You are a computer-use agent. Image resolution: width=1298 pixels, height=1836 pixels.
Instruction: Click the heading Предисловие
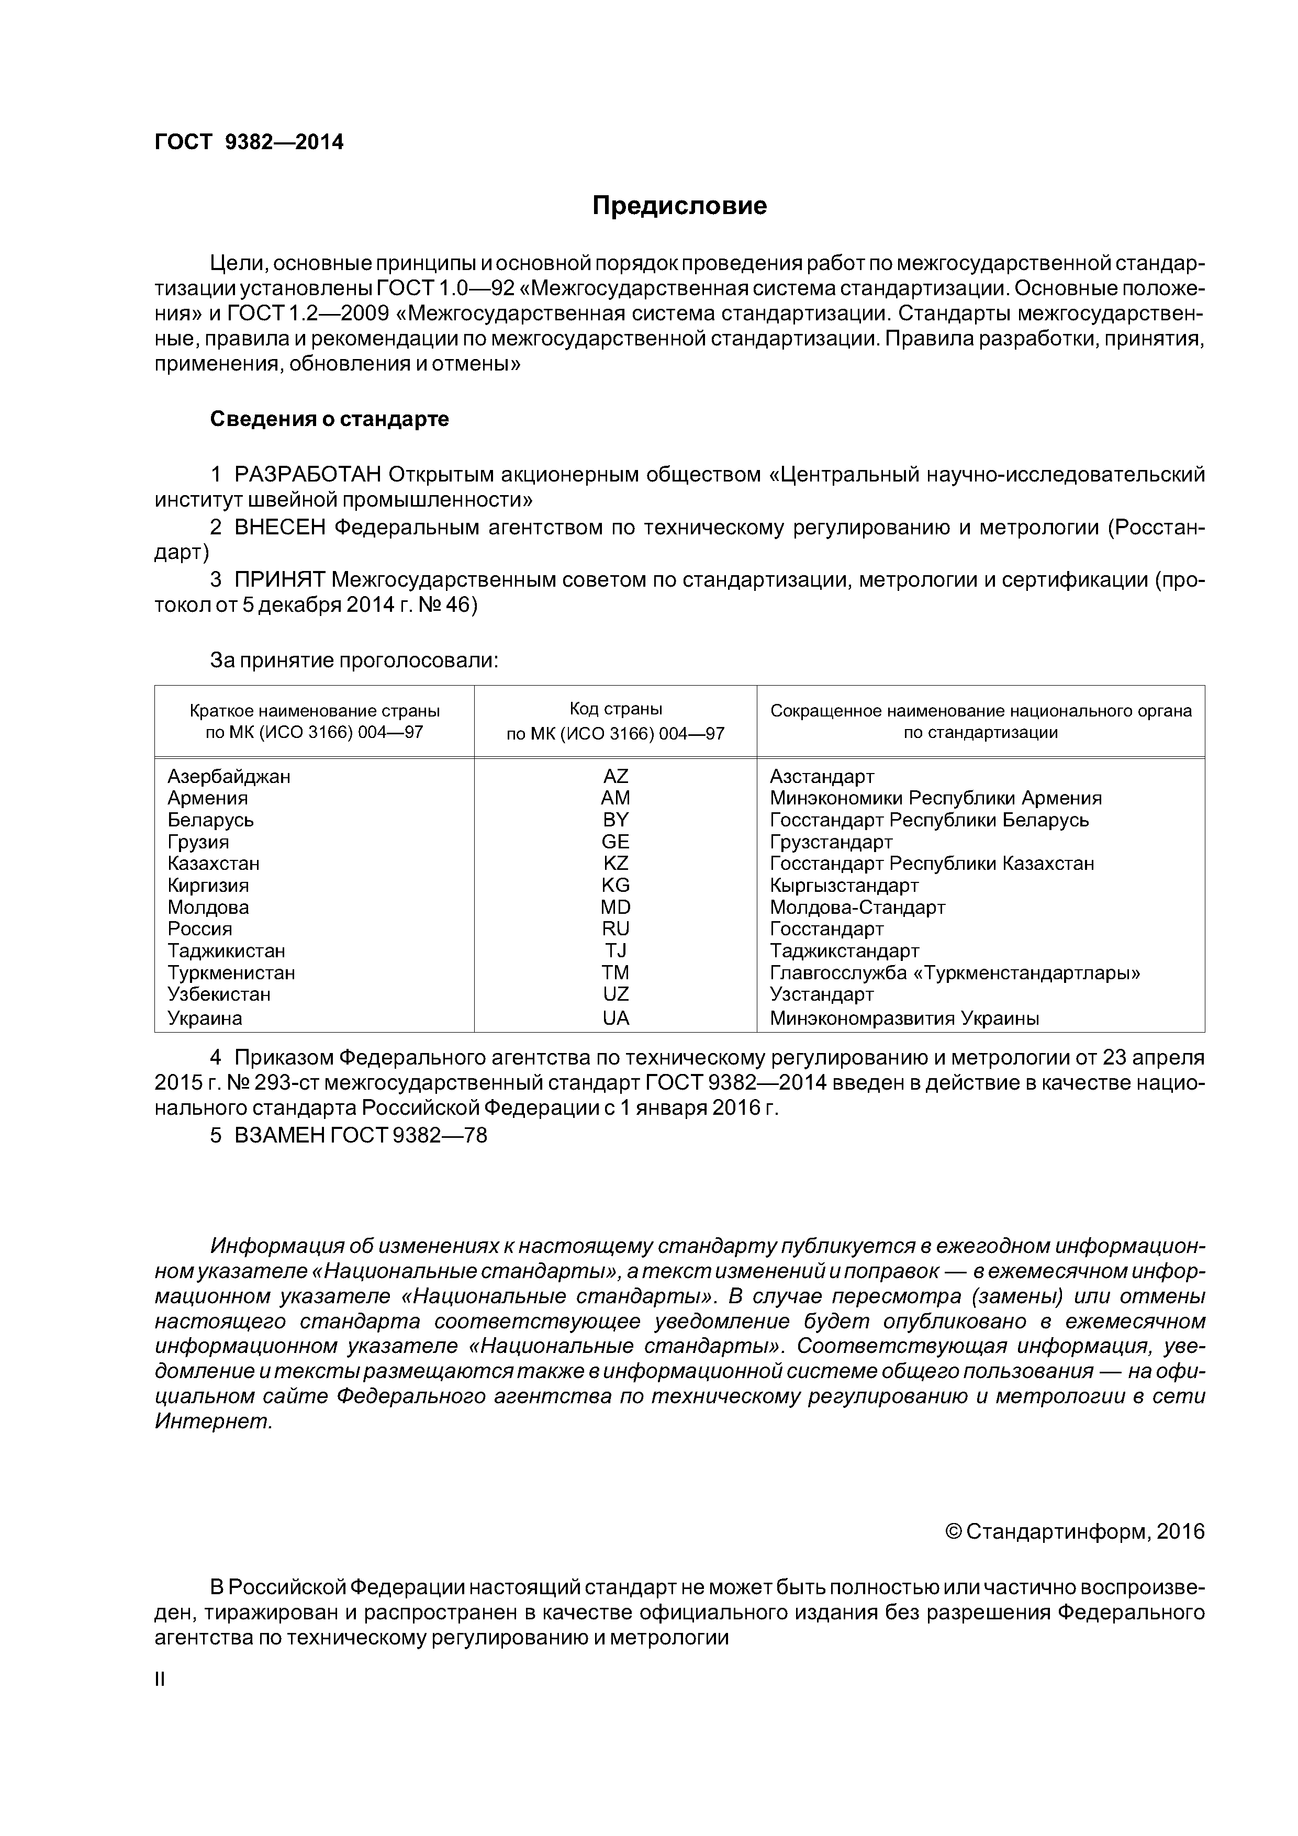679,206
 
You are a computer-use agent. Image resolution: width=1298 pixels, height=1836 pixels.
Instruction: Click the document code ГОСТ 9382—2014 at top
249,142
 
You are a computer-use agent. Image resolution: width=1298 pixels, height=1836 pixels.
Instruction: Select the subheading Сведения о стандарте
330,419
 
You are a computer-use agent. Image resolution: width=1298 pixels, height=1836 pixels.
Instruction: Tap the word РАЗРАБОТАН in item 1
308,475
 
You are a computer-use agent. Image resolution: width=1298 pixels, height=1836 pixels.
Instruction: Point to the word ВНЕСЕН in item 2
280,528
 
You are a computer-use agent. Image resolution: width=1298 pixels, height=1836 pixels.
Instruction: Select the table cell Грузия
198,842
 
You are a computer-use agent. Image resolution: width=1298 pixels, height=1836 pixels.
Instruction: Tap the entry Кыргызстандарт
844,886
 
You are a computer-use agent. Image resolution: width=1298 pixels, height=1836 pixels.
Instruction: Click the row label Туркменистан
231,973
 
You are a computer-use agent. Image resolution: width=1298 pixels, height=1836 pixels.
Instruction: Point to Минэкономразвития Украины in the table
904,1019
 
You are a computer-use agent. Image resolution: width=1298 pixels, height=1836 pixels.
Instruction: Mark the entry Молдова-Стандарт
857,908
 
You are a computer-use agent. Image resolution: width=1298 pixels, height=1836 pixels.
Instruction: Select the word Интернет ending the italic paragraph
212,1422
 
